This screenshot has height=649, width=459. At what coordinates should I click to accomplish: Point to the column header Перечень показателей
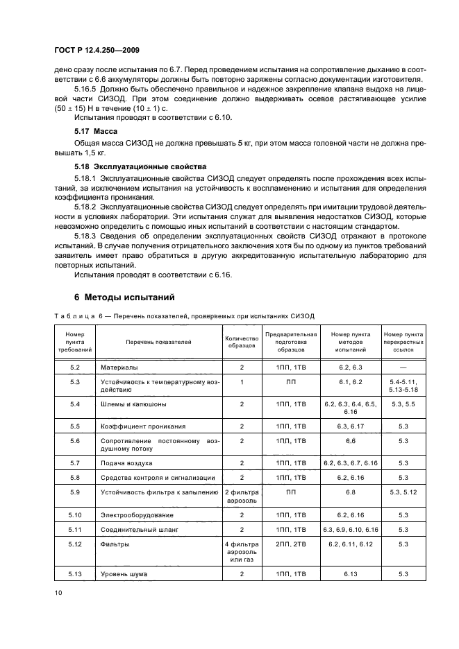click(158, 342)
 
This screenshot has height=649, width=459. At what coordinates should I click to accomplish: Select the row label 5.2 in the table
click(76, 366)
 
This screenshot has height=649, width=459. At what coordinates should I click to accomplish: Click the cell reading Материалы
click(119, 366)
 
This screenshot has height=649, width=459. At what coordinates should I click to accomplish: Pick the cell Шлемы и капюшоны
click(133, 404)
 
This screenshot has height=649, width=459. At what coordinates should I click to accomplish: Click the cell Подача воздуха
click(126, 462)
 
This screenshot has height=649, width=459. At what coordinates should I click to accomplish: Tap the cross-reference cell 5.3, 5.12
click(403, 492)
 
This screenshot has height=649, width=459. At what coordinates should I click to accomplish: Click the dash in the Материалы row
click(403, 366)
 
